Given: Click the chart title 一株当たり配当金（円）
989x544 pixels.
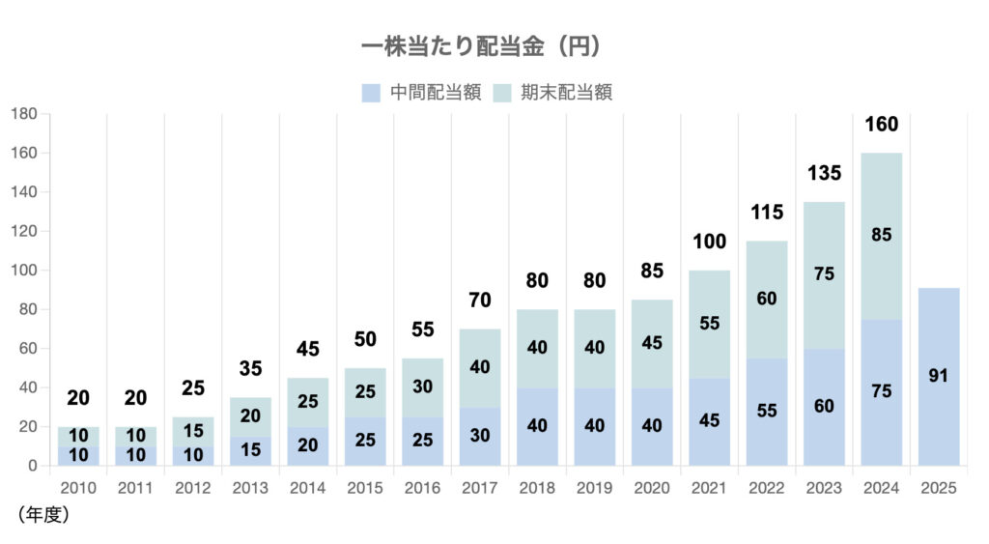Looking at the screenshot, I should point(481,46).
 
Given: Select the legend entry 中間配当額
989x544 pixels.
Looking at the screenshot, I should point(435,93).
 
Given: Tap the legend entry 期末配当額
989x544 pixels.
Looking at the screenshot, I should point(567,93).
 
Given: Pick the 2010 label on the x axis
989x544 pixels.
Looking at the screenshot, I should point(78,488).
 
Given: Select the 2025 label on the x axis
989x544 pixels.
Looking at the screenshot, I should point(938,488).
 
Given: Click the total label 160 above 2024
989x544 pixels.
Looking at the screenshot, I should point(881,125).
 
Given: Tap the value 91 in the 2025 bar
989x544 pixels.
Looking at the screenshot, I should point(938,376).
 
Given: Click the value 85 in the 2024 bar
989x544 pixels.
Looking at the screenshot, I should point(881,234).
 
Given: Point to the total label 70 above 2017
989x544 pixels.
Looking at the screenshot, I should point(480,301).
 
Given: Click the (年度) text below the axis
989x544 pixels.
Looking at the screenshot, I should point(43,515).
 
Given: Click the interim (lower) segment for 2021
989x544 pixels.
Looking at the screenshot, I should point(709,420).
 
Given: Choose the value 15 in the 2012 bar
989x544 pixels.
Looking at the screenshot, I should point(193,431).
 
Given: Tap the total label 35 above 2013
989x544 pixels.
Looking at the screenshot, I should point(250,369).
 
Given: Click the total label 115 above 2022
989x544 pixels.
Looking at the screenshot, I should point(766,213).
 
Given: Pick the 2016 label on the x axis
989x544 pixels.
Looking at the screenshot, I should point(422,488).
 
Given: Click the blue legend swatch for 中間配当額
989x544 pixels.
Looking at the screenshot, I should point(371,93).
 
